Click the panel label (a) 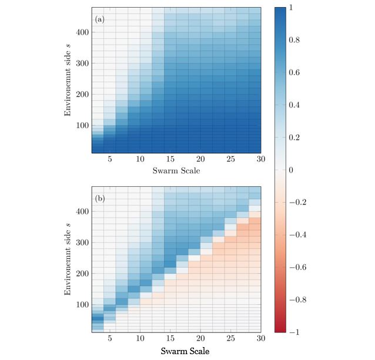tap(100, 19)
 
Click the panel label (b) tap(100, 198)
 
